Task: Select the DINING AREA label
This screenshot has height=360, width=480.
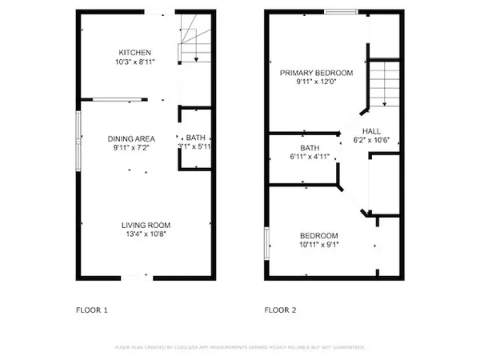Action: pyautogui.click(x=131, y=138)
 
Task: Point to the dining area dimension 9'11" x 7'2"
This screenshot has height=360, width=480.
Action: pyautogui.click(x=131, y=148)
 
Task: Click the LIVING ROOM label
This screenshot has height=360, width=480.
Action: pyautogui.click(x=146, y=225)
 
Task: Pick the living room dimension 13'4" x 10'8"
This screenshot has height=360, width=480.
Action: pyautogui.click(x=146, y=234)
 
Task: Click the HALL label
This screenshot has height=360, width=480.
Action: pyautogui.click(x=371, y=131)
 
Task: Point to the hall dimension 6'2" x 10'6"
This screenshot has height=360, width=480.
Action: pyautogui.click(x=371, y=140)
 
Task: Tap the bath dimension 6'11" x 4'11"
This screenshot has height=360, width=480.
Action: pyautogui.click(x=310, y=157)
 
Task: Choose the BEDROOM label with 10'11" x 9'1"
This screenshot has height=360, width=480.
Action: pyautogui.click(x=318, y=235)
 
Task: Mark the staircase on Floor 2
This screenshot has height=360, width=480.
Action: pyautogui.click(x=382, y=83)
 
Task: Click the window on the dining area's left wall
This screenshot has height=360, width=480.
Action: pyautogui.click(x=78, y=140)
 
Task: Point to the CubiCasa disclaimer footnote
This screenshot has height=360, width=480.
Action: pyautogui.click(x=240, y=348)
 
